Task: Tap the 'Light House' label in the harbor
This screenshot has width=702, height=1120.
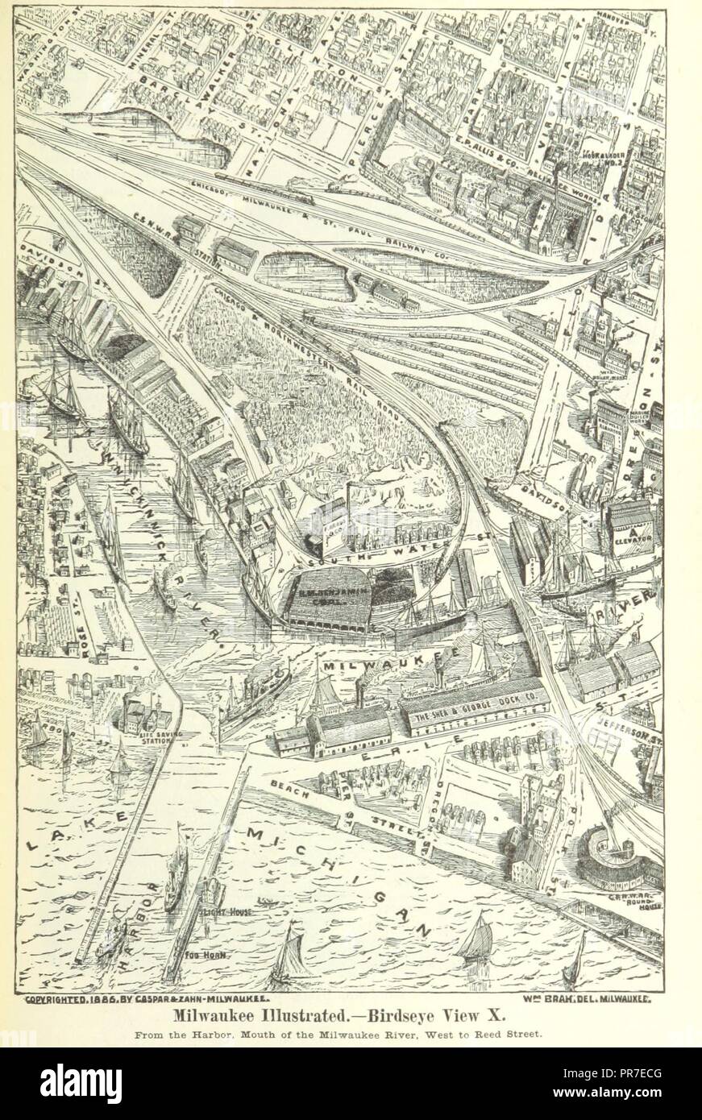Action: pos(231,911)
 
